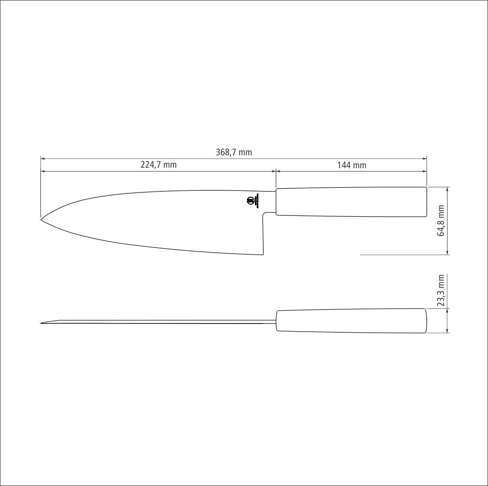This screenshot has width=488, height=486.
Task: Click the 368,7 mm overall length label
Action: tap(234, 152)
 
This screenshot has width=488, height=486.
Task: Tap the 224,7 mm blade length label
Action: tap(158, 164)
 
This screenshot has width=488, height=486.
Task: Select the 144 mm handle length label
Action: tap(352, 165)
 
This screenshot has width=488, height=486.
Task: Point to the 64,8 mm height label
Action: tap(441, 221)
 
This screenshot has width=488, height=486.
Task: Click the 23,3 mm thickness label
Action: tap(441, 290)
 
